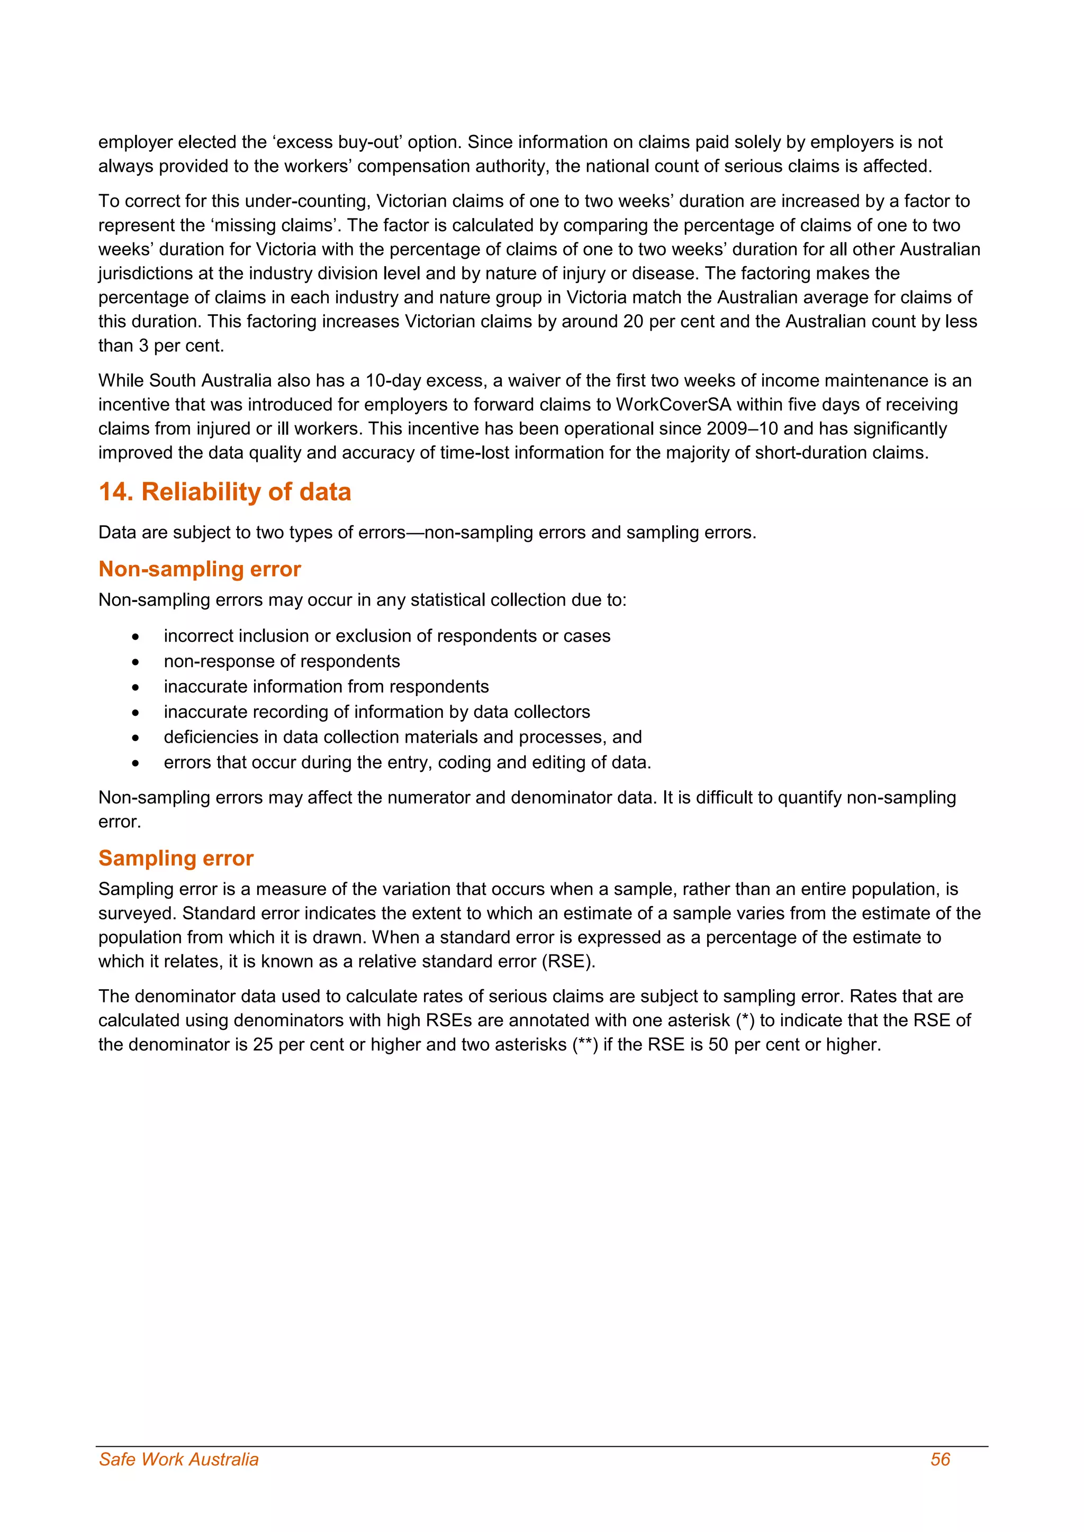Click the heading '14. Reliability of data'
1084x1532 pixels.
point(224,492)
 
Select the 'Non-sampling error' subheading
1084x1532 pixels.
point(200,569)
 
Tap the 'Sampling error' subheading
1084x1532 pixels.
point(176,858)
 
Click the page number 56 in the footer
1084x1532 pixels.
point(940,1460)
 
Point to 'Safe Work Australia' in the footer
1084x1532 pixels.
point(178,1460)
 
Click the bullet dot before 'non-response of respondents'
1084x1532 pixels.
point(135,662)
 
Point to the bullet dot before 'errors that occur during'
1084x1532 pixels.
point(135,763)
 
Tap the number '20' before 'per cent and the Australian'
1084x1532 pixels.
point(633,322)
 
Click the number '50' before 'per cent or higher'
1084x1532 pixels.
point(718,1044)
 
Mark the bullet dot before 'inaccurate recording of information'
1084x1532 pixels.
point(135,713)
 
